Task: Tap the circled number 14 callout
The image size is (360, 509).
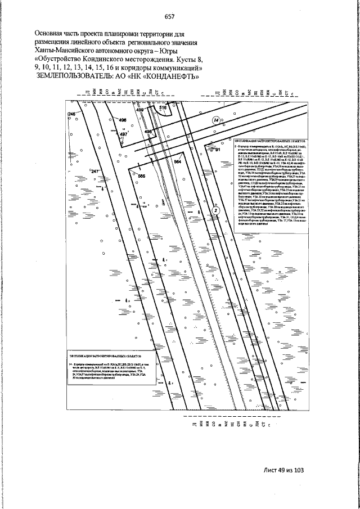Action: pos(215,120)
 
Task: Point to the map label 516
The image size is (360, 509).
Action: pos(164,107)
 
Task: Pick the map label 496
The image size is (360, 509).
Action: pos(123,119)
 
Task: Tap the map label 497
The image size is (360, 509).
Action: pos(124,134)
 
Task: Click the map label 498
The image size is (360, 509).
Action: pos(148,131)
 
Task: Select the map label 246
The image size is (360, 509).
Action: pos(71,114)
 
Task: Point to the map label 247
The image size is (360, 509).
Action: pos(94,171)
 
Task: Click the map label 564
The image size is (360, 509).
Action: pos(178,162)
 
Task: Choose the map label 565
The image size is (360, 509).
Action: pos(141,176)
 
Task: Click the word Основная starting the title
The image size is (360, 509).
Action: pos(52,34)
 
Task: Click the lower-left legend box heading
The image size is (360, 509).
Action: pos(106,356)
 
